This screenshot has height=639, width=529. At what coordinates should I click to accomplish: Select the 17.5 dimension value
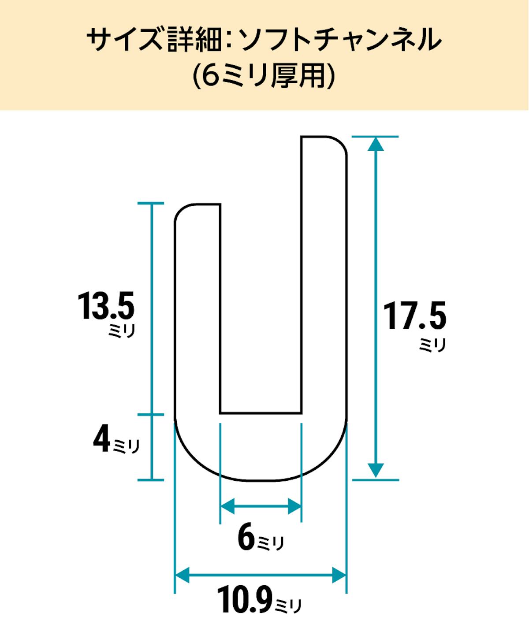pos(414,316)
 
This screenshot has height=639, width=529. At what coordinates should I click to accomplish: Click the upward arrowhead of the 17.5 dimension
pos(375,144)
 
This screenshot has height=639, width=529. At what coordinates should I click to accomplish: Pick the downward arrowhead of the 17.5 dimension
pos(375,471)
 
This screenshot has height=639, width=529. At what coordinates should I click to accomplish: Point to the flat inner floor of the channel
pos(261,413)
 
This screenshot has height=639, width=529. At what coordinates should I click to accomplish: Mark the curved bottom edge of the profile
pos(260,480)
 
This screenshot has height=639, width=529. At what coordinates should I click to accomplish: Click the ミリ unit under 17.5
pos(432,345)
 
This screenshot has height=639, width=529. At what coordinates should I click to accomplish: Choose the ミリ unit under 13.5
pos(121,331)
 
